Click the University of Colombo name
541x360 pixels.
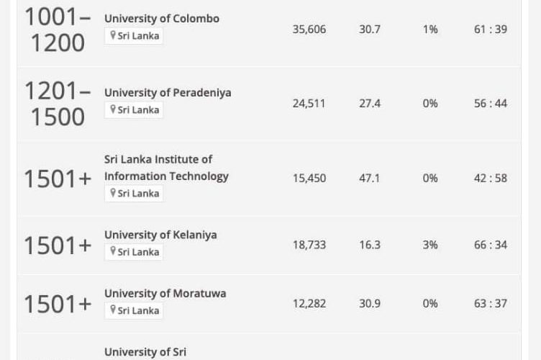coord(162,18)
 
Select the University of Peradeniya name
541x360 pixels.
coord(168,93)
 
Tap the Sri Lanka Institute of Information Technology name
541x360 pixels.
coord(166,168)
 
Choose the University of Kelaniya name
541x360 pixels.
coord(160,235)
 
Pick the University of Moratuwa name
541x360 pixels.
coord(165,293)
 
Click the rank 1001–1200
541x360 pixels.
coord(58,30)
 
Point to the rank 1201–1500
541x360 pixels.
coord(58,104)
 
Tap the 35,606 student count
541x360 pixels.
coord(309,30)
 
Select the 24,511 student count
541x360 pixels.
coord(309,104)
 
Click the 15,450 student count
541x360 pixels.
coord(309,179)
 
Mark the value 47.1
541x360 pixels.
coord(370,179)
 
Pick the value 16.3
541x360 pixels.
coord(370,245)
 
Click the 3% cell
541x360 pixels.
coord(430,245)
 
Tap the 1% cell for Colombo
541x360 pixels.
coord(430,30)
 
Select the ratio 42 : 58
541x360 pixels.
coord(490,179)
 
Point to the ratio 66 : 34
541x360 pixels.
coord(490,245)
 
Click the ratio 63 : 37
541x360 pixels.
coord(490,304)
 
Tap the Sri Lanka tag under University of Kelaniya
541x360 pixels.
coord(135,252)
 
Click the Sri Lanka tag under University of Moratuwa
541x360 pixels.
coord(135,310)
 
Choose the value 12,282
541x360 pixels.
coord(309,304)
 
